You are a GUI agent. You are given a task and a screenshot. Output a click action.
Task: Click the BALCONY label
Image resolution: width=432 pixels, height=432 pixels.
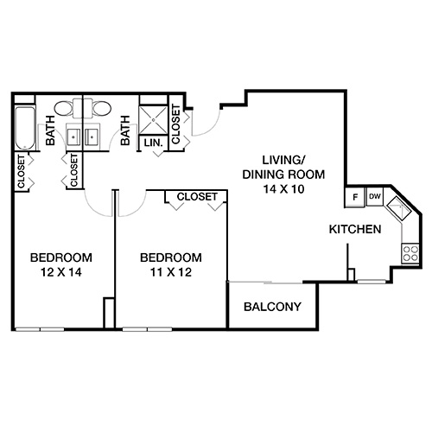(271, 307)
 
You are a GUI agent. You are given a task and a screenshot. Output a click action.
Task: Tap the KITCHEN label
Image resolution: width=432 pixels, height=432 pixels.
(355, 230)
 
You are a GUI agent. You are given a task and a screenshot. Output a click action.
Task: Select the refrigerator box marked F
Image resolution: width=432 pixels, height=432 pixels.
(355, 197)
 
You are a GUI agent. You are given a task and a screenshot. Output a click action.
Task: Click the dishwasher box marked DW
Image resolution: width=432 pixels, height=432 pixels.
(374, 197)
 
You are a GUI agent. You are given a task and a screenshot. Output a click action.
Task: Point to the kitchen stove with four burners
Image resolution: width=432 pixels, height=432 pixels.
(409, 252)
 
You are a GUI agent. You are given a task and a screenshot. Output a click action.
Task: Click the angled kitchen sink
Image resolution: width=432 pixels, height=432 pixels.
(400, 210)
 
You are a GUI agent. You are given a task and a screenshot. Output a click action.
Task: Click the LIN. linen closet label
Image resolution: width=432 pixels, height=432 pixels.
(154, 143)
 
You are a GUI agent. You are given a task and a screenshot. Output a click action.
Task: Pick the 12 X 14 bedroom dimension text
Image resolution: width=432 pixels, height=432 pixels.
(61, 273)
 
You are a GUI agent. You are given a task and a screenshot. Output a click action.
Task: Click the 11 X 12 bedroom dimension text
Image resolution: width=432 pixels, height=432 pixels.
(171, 273)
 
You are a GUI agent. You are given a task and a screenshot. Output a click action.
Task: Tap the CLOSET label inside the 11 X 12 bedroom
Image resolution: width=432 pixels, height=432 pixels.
(197, 197)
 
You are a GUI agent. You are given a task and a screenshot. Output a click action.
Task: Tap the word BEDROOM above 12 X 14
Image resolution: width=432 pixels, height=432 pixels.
(61, 257)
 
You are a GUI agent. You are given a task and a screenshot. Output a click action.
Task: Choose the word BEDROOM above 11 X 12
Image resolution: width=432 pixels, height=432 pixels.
(171, 257)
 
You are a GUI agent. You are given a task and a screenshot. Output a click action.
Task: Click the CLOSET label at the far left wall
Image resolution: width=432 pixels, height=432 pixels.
(21, 171)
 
